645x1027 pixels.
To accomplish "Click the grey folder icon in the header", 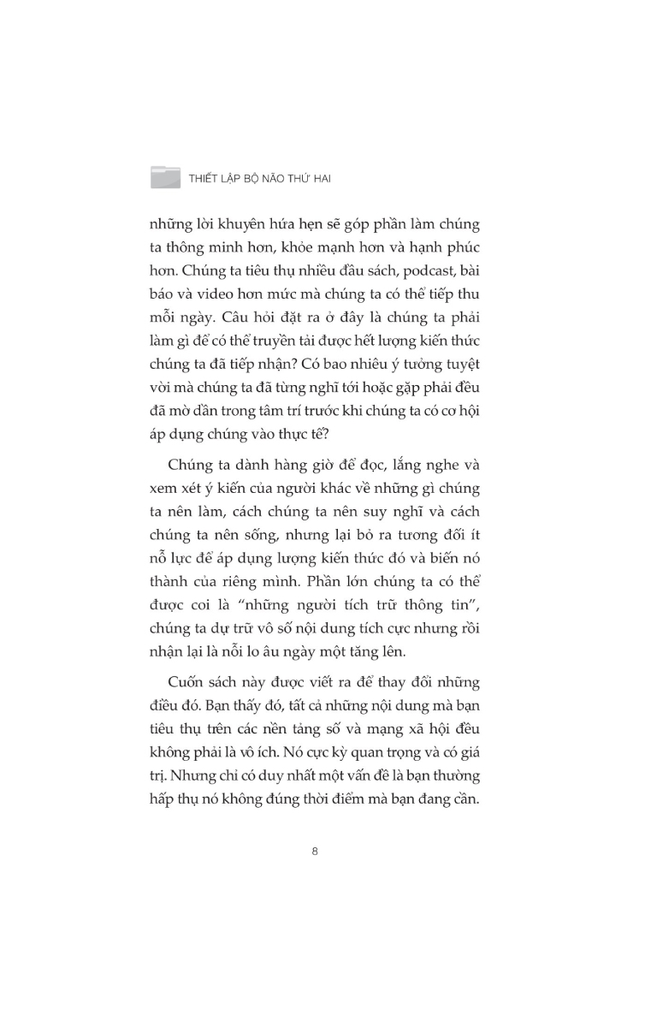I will point(165,176).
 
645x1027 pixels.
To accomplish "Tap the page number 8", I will point(316,851).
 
